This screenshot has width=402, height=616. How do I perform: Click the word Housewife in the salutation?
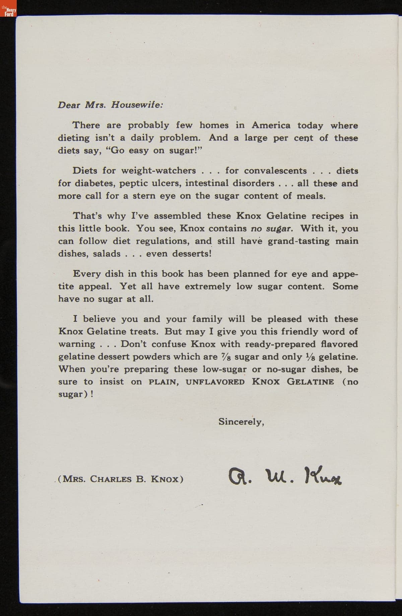[x=137, y=105]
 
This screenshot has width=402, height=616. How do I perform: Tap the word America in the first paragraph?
[x=271, y=125]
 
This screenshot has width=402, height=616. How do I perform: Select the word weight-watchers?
[x=158, y=171]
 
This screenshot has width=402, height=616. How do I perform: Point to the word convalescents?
[x=275, y=171]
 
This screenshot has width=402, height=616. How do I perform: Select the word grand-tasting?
[x=298, y=241]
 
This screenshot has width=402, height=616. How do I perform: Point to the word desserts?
[x=192, y=253]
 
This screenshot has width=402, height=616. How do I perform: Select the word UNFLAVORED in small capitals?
[x=215, y=382]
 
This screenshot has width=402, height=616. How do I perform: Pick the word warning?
[x=77, y=344]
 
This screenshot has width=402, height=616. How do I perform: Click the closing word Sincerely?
[x=241, y=422]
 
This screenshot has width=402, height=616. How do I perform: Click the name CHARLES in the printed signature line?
[x=111, y=479]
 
